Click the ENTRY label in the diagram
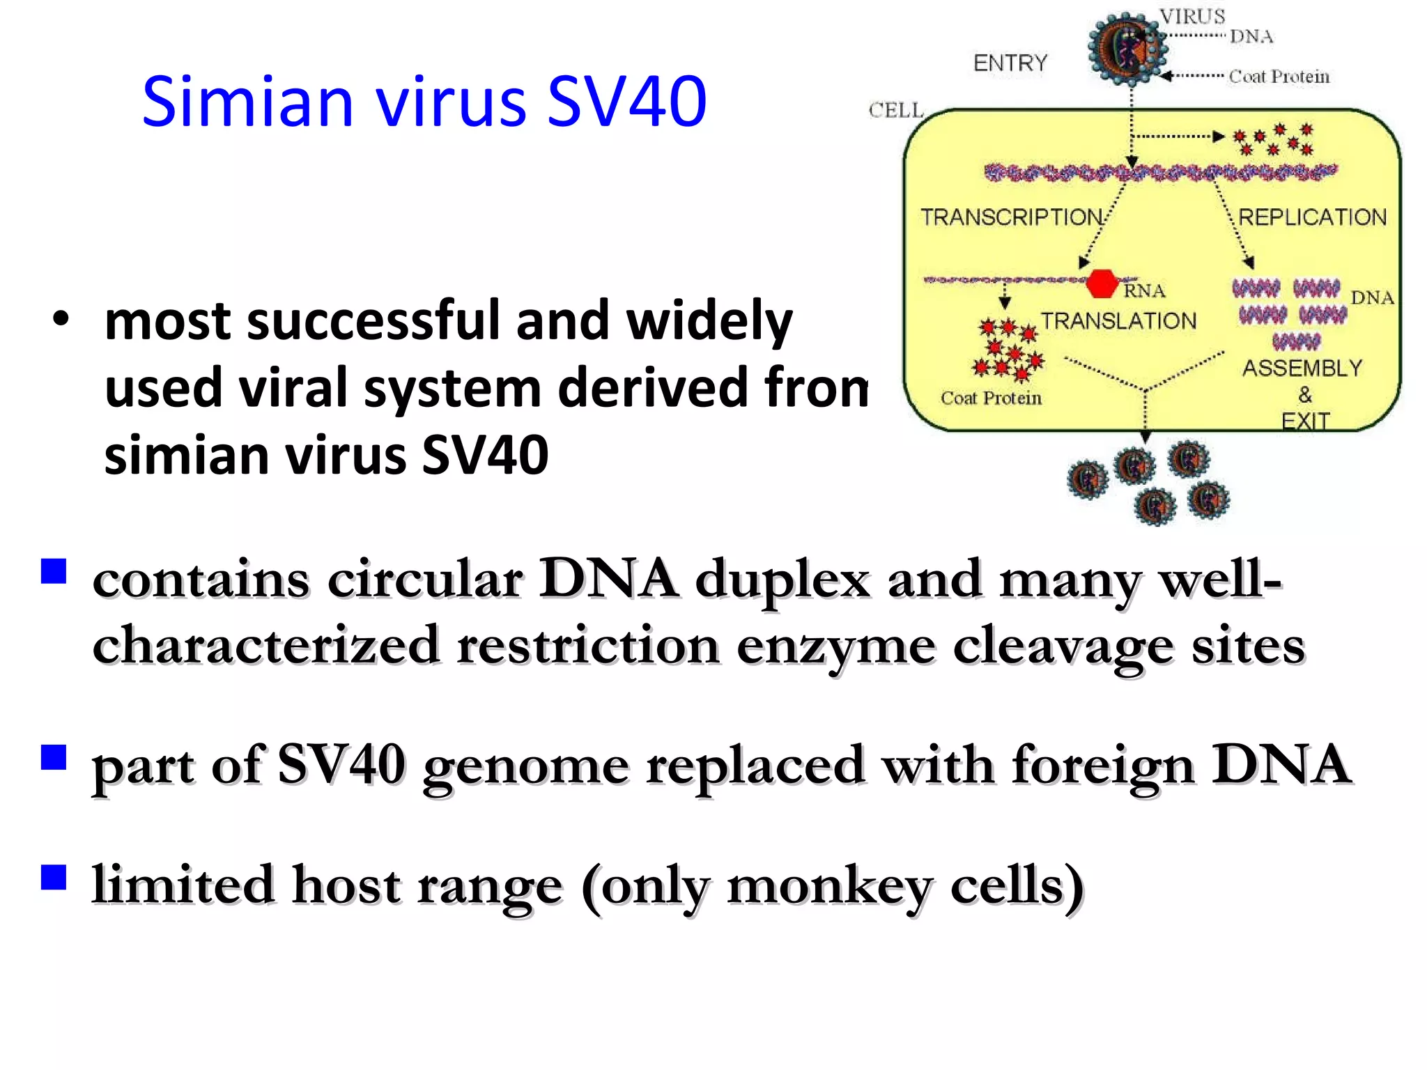click(x=1010, y=63)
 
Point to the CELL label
click(x=895, y=110)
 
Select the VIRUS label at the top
click(x=1192, y=16)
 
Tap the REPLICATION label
click(x=1312, y=217)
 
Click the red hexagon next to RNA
click(x=1102, y=284)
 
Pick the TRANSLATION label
click(x=1118, y=321)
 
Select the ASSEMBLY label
click(x=1302, y=368)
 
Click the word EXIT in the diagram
click(x=1305, y=421)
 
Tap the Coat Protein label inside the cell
click(x=991, y=398)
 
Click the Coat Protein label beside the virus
click(x=1279, y=77)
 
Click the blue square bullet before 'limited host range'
click(x=54, y=878)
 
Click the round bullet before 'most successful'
click(x=61, y=320)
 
